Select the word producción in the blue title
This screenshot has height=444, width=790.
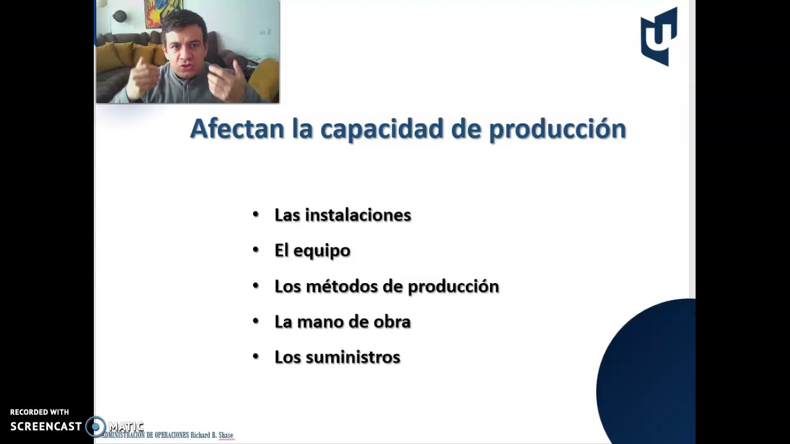tap(557, 129)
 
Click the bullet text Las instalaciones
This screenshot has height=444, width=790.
tap(343, 215)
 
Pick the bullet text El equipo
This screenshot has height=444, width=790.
tap(312, 250)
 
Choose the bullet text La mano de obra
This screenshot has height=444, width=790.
tap(343, 322)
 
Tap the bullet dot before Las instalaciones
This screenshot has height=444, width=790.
tap(256, 215)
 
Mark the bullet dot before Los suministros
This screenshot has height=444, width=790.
tap(256, 356)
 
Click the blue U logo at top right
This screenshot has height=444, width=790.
tap(659, 36)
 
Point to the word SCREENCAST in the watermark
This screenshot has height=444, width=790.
tap(46, 426)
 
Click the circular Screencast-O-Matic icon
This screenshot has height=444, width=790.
tap(95, 426)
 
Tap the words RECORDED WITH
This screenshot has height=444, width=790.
tap(39, 412)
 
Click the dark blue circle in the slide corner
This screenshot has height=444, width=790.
tap(648, 370)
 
